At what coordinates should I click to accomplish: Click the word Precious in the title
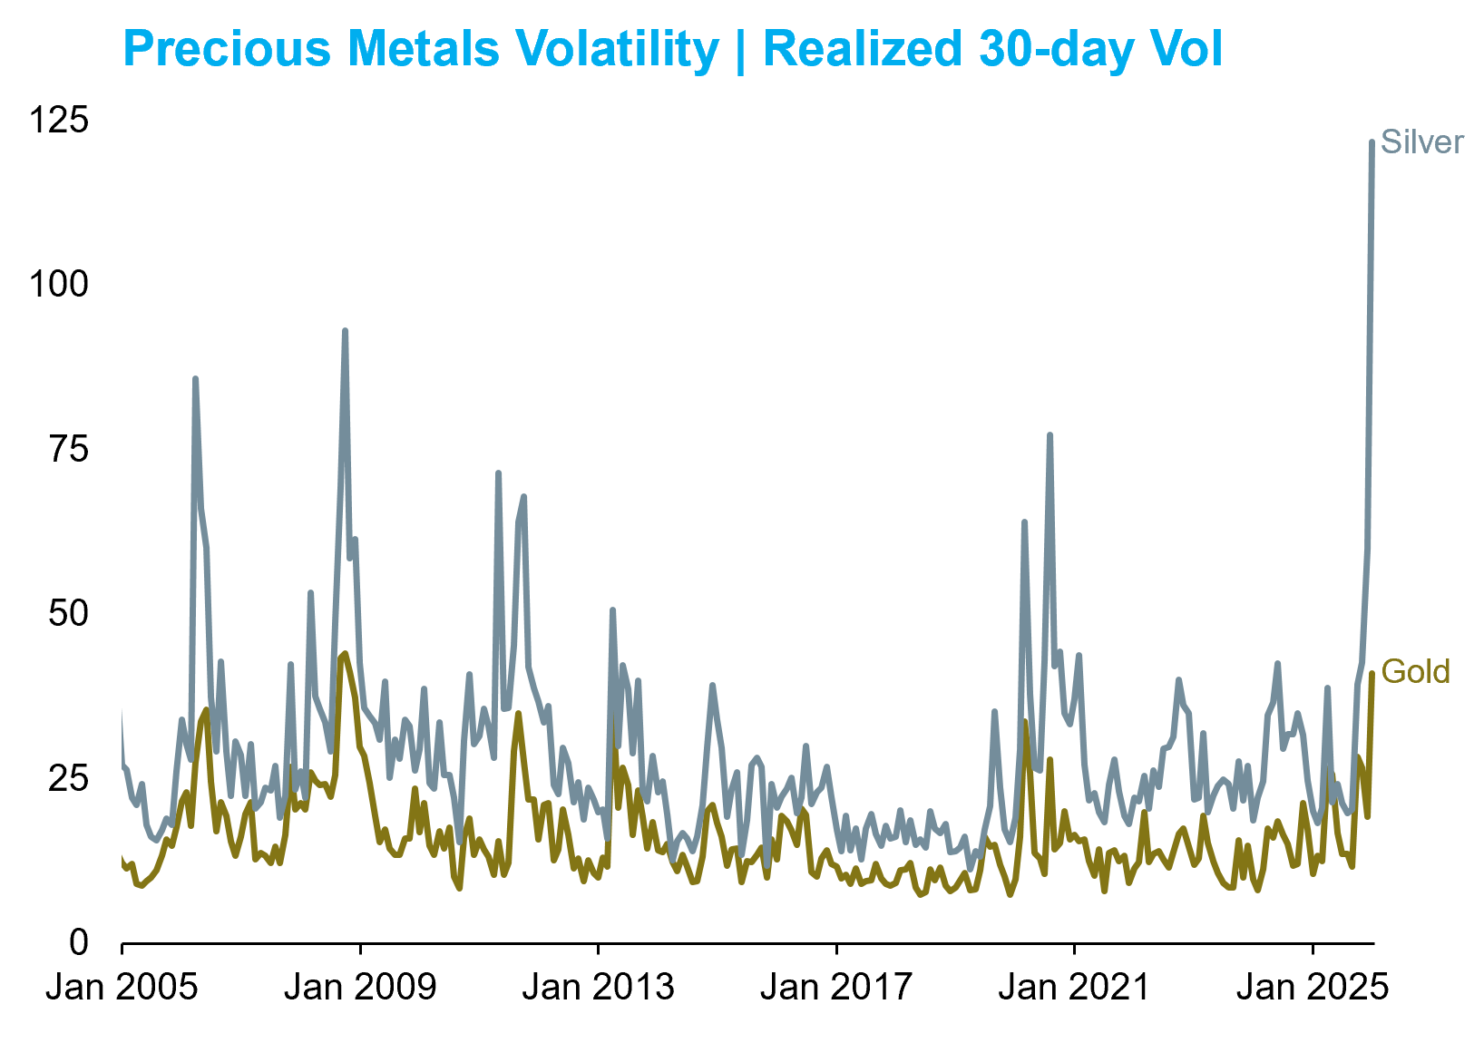pos(227,49)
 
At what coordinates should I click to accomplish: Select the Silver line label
pos(1421,142)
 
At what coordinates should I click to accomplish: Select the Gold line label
pos(1415,672)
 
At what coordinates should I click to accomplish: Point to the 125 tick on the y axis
pos(59,119)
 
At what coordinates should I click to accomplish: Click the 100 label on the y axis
pos(59,284)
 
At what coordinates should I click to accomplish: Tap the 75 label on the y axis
pos(69,449)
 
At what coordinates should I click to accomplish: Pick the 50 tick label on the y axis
pos(69,614)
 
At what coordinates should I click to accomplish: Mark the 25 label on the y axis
pos(69,778)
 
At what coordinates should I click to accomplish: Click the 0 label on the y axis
pos(79,943)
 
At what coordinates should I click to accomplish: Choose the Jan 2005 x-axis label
pos(122,987)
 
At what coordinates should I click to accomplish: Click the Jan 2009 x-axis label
pos(360,987)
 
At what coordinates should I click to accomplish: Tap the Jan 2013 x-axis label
pos(598,987)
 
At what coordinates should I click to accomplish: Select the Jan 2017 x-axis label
pos(836,987)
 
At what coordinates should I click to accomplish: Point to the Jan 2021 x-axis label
pos(1074,987)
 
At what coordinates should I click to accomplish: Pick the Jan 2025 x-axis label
pos(1312,987)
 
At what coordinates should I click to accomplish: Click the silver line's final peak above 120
pos(1372,142)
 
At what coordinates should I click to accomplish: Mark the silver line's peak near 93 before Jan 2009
pos(345,331)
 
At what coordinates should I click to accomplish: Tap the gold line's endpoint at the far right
pos(1372,673)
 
